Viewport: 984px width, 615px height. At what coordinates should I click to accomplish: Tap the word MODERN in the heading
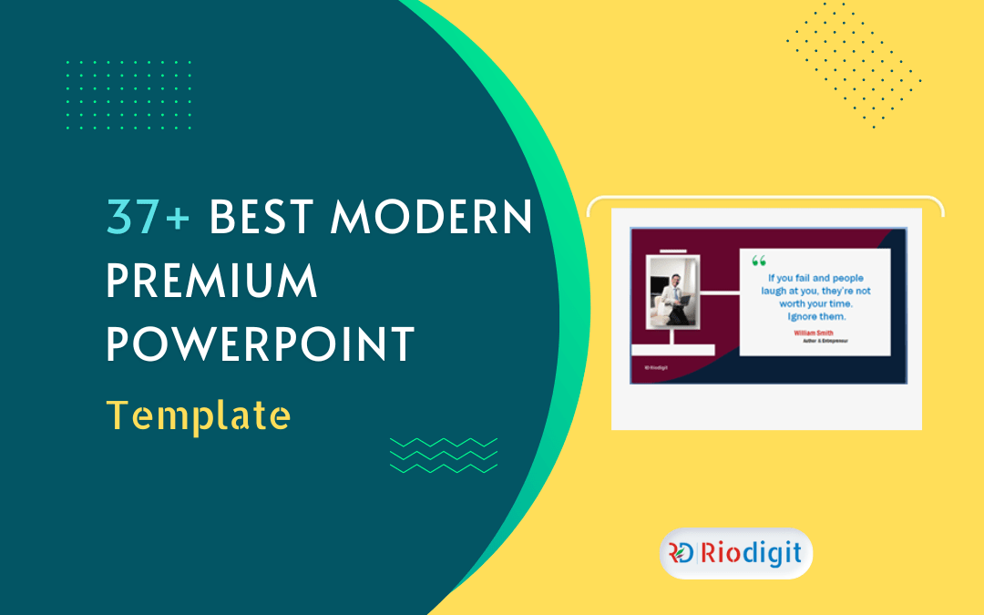pos(432,216)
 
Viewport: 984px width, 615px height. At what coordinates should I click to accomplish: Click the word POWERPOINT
pos(261,345)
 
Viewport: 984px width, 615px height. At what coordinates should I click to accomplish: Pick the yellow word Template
pos(199,415)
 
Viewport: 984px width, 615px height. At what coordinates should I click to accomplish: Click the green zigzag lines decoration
pos(444,455)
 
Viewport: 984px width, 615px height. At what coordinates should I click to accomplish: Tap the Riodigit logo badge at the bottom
pos(735,553)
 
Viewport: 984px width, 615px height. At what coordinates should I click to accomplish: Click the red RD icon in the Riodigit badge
pos(681,553)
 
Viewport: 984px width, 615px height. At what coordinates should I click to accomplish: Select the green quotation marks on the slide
pos(759,261)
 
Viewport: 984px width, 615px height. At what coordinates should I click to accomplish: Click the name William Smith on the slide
pos(814,333)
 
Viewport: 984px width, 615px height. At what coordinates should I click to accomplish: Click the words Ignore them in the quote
pos(815,316)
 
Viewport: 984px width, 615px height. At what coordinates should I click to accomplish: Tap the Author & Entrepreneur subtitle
pos(815,342)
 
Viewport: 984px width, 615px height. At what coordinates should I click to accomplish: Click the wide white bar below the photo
pos(672,349)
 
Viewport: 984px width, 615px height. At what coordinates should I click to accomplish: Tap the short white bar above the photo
pos(672,251)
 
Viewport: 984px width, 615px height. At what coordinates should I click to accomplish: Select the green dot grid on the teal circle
pos(128,95)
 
